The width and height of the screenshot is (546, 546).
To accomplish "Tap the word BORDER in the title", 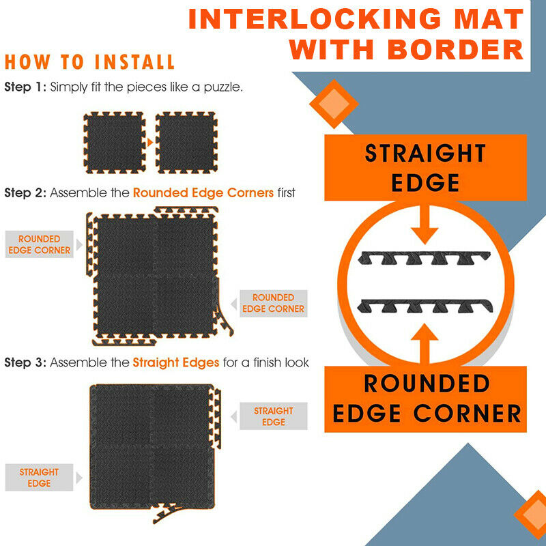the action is [455, 49].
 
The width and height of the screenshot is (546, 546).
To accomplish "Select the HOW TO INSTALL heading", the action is [89, 62].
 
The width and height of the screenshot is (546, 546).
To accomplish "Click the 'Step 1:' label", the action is [25, 87].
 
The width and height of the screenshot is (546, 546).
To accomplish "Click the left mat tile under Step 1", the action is [115, 143].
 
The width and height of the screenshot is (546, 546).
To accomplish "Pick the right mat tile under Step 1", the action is [186, 143].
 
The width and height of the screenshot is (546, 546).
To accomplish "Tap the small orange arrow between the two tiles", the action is [150, 142].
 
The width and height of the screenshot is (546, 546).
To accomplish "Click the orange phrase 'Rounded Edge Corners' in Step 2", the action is [203, 192].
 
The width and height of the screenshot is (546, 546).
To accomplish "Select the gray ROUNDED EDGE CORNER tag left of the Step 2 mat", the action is [40, 244].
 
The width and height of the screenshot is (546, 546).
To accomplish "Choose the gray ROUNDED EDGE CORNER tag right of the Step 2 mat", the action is [274, 303].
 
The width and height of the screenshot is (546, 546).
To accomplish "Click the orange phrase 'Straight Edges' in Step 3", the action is [176, 362].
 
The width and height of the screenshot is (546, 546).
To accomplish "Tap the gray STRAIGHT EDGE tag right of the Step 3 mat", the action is [274, 416].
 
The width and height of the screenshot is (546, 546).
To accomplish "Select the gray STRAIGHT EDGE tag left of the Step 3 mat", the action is [39, 477].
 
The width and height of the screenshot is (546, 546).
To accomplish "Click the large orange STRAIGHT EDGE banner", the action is [425, 167].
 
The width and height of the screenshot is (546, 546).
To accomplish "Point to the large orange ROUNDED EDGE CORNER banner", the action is [425, 399].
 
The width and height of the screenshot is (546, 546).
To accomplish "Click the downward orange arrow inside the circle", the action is [425, 225].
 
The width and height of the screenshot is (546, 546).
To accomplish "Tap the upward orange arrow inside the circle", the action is [424, 343].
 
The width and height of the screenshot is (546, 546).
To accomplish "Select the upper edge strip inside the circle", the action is [424, 257].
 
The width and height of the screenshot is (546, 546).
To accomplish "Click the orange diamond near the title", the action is [334, 104].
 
